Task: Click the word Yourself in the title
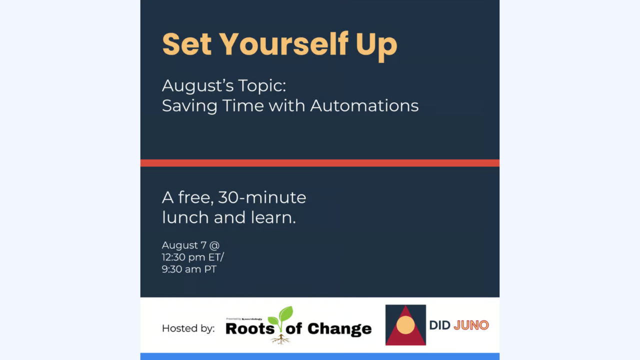[x=283, y=44]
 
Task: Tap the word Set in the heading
[x=187, y=44]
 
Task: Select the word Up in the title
[x=376, y=47]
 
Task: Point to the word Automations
[x=364, y=105]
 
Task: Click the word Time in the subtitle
[x=243, y=105]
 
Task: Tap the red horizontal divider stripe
[x=319, y=163]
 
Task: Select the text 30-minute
[x=262, y=197]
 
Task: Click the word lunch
[x=185, y=217]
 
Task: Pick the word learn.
[x=273, y=217]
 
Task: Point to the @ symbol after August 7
[x=214, y=245]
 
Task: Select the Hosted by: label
[x=188, y=328]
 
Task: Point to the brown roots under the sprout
[x=280, y=339]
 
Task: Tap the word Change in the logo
[x=339, y=329]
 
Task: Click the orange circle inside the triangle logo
[x=405, y=325]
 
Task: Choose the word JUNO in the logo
[x=471, y=325]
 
